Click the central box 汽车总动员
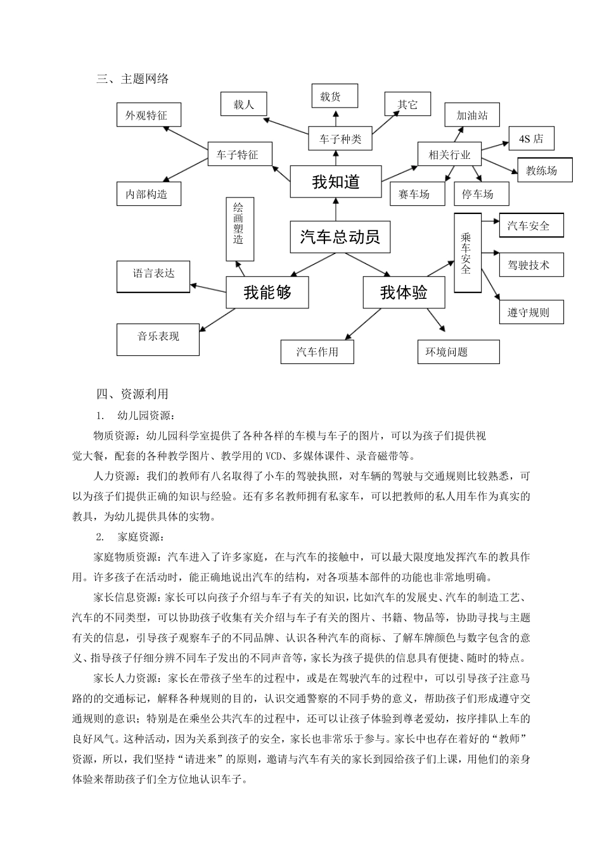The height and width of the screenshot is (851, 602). click(x=340, y=237)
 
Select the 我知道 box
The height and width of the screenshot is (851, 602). click(x=336, y=182)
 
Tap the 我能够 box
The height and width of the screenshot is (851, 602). click(x=267, y=292)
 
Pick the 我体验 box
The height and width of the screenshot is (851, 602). click(x=404, y=292)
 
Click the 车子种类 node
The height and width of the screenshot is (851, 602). click(x=340, y=139)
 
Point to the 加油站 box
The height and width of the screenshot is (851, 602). click(x=472, y=115)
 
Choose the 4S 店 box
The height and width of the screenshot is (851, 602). click(x=531, y=139)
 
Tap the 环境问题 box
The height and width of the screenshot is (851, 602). click(x=458, y=351)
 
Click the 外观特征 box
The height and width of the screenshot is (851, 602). click(x=149, y=115)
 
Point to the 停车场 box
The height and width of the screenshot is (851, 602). click(x=481, y=193)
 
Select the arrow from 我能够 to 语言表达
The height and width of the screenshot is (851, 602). click(x=208, y=287)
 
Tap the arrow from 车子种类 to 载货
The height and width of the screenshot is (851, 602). click(x=336, y=117)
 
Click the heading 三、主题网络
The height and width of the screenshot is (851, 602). click(x=132, y=79)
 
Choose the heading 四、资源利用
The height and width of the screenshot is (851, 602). click(x=132, y=394)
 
